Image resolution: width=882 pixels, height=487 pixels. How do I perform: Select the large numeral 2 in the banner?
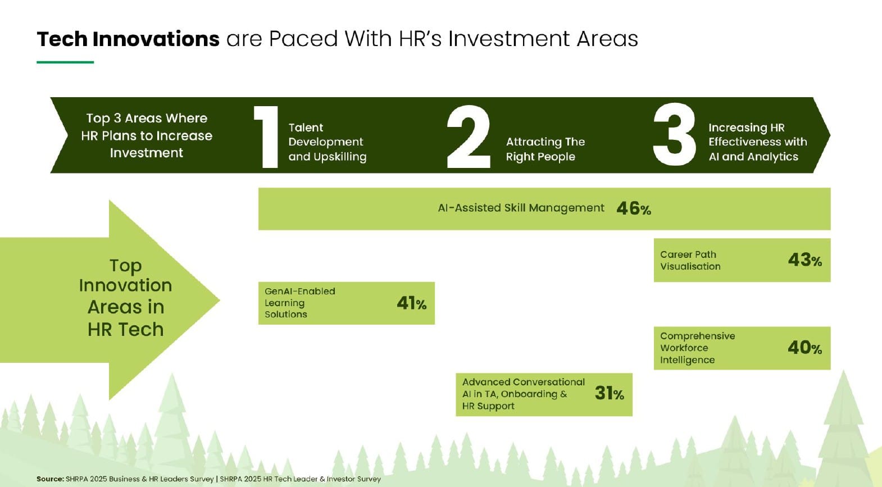(469, 136)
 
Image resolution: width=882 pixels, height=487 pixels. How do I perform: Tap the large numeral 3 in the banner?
(674, 134)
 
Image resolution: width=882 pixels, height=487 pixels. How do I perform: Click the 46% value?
(634, 208)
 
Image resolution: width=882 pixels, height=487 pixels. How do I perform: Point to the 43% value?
(805, 260)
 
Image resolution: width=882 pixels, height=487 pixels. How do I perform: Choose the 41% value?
(411, 303)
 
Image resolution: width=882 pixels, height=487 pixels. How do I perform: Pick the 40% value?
(805, 348)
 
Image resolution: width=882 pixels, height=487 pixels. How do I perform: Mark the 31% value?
(610, 393)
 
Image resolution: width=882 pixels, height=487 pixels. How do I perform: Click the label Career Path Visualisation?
(690, 260)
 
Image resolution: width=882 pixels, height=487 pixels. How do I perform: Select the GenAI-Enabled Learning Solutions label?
(299, 303)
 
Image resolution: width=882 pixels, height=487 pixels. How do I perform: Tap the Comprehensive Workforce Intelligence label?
(697, 348)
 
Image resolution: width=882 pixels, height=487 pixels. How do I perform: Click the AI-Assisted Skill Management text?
(521, 208)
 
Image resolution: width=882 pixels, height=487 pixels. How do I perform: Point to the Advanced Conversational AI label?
(523, 394)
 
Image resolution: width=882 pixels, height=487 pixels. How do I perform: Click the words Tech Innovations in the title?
(128, 39)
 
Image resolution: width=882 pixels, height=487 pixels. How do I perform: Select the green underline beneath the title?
(65, 62)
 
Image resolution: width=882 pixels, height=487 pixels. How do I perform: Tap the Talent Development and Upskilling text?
(327, 142)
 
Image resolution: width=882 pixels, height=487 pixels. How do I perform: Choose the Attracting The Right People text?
(545, 149)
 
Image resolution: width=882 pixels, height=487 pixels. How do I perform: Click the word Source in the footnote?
(50, 479)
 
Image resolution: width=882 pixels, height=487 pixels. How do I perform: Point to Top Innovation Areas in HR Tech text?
(125, 298)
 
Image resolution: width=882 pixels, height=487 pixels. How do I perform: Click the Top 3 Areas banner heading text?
(147, 135)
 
